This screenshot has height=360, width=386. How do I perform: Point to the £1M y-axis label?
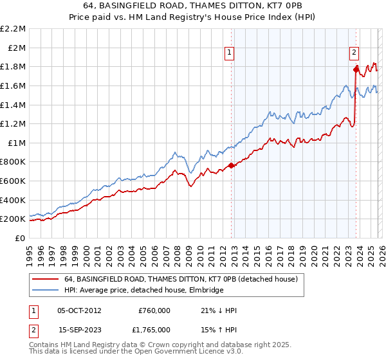click(x=16, y=143)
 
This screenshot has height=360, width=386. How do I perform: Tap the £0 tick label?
click(x=20, y=238)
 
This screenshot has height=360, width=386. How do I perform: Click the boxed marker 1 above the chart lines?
click(x=230, y=53)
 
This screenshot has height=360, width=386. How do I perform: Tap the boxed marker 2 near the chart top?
click(x=354, y=53)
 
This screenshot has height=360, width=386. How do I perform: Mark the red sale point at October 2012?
click(x=231, y=166)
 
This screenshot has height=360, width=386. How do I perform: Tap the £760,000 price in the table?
click(x=154, y=310)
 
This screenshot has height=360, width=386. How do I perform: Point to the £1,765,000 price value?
click(x=154, y=329)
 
